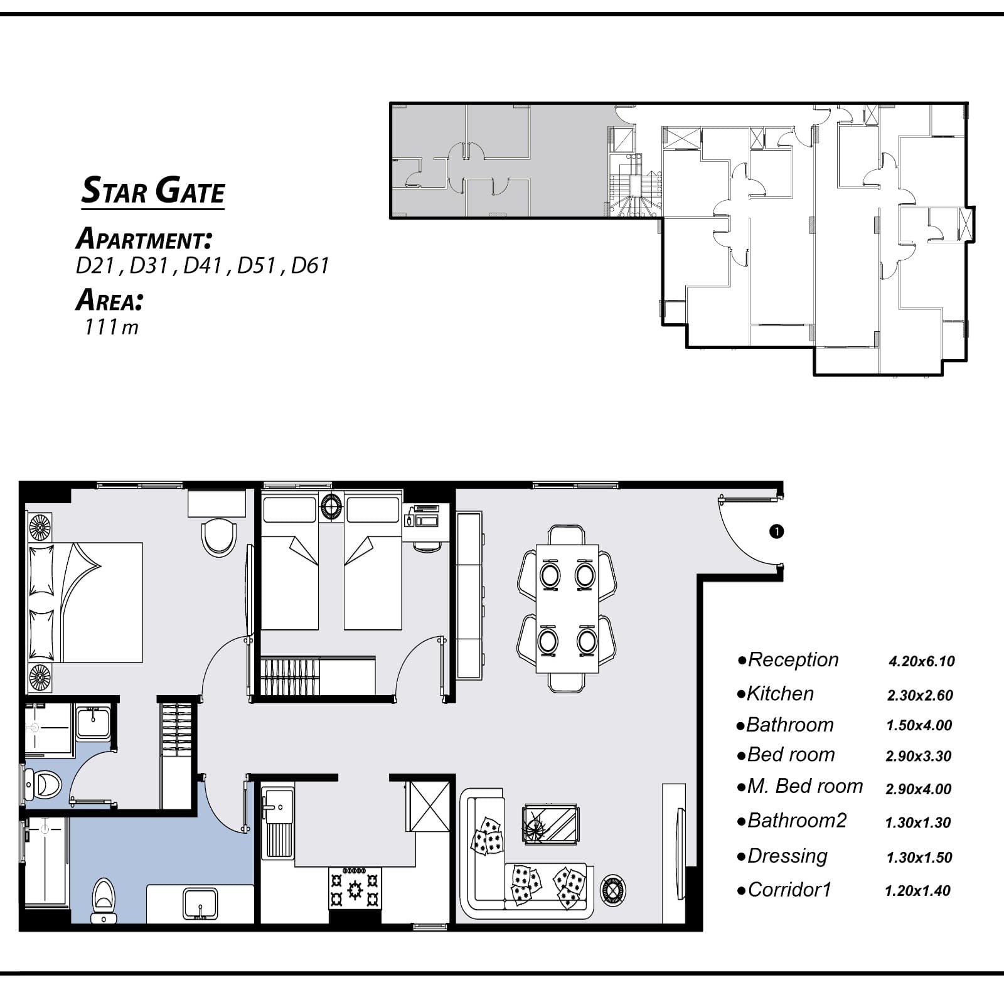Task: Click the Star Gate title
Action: tap(153, 190)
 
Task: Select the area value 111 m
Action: tap(112, 327)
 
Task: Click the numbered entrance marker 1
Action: tap(776, 531)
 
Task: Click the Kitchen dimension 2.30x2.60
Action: tap(920, 695)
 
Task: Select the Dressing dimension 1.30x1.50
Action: tap(919, 858)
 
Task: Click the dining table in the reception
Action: tap(567, 609)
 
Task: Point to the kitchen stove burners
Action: tap(355, 888)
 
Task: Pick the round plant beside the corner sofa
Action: tap(613, 889)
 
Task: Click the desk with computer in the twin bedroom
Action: tap(427, 522)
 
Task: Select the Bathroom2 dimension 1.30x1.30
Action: tap(918, 822)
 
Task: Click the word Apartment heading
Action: tap(144, 239)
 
